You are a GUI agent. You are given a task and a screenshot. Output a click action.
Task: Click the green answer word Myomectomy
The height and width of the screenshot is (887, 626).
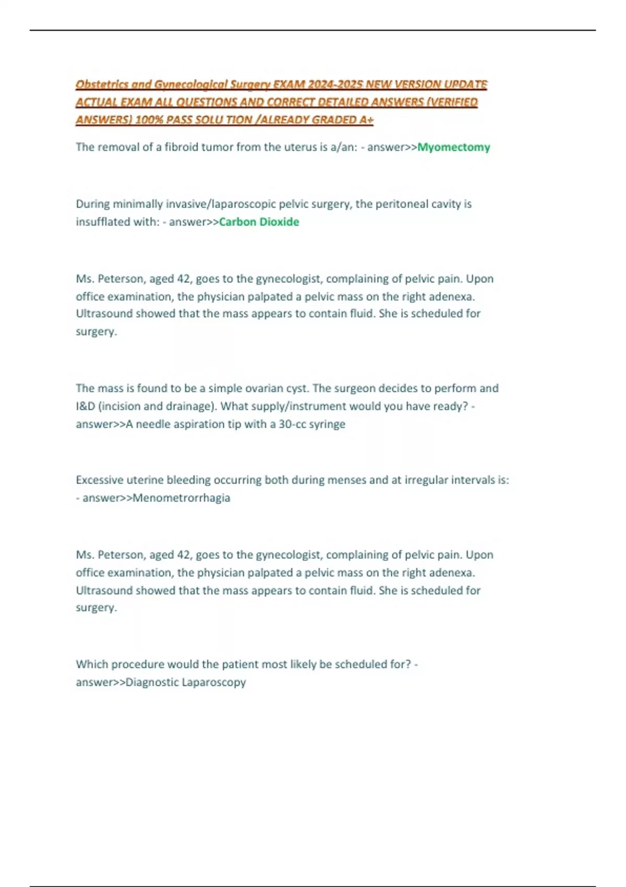(x=453, y=147)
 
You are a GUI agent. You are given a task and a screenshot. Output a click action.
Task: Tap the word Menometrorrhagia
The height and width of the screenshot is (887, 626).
(x=181, y=498)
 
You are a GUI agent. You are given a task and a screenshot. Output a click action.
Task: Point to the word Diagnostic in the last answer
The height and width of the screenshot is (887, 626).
(x=152, y=682)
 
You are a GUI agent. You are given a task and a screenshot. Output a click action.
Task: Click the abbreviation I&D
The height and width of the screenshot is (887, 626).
(x=85, y=406)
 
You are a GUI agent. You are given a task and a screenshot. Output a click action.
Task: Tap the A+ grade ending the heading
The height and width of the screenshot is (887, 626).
(x=366, y=120)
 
